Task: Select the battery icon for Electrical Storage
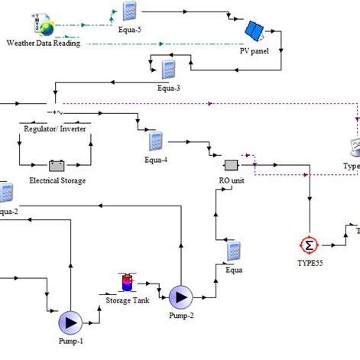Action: [x=57, y=164]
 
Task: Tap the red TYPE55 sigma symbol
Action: [x=309, y=245]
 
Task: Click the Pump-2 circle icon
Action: [x=181, y=296]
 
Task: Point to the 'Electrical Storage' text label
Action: [x=57, y=181]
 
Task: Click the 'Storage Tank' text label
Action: [x=128, y=300]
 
